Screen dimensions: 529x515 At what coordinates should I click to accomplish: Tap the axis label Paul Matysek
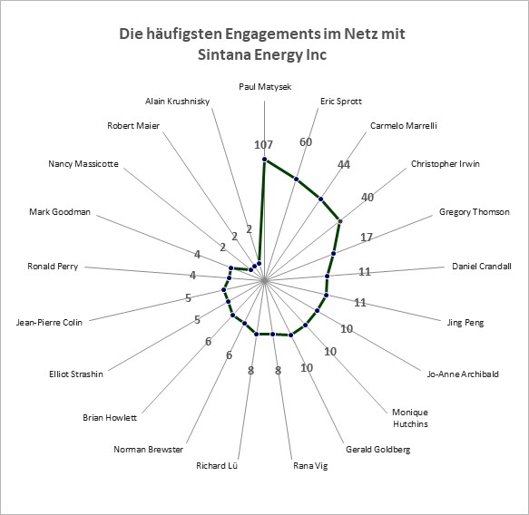(265, 87)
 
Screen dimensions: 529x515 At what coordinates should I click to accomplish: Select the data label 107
(263, 144)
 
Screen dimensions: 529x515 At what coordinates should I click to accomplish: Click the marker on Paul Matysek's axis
(265, 159)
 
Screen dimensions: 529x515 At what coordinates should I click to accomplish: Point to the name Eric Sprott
(341, 102)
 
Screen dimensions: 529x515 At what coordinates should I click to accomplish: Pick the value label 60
(306, 142)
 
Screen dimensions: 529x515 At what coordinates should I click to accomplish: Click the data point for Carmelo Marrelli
(321, 199)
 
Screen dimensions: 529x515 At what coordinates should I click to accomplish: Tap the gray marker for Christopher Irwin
(340, 221)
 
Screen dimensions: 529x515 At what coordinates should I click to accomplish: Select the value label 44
(344, 164)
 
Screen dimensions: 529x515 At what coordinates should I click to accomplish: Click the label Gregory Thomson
(474, 212)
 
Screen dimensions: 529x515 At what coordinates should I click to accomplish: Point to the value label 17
(367, 238)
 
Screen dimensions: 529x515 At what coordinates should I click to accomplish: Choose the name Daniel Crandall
(482, 267)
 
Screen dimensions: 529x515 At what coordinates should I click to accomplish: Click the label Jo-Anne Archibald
(463, 374)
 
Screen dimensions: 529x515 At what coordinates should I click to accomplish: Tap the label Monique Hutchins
(410, 418)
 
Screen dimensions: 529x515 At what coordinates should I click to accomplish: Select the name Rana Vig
(310, 466)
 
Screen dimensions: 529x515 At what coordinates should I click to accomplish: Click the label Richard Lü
(217, 466)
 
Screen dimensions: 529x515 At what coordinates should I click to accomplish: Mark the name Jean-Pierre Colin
(49, 323)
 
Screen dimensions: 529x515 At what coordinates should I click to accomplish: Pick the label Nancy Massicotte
(83, 164)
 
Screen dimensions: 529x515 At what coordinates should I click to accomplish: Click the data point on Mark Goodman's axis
(231, 268)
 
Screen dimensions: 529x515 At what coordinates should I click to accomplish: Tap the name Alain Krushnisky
(178, 102)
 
